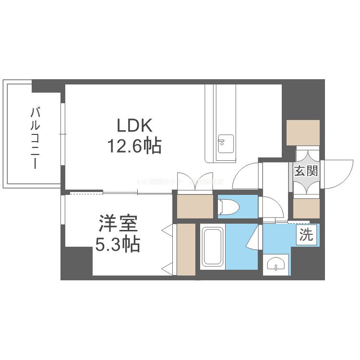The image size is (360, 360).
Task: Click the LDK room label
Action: point(135,126)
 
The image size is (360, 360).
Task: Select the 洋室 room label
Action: point(118,225)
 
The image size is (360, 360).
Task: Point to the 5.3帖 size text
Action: point(118,245)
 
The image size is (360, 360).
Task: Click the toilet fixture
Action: point(229,207)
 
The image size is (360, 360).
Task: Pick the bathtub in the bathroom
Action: point(212,247)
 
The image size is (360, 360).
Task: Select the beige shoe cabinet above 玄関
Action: point(303,132)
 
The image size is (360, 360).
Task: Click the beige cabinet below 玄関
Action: point(306,208)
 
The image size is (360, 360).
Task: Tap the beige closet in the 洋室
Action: point(186,249)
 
